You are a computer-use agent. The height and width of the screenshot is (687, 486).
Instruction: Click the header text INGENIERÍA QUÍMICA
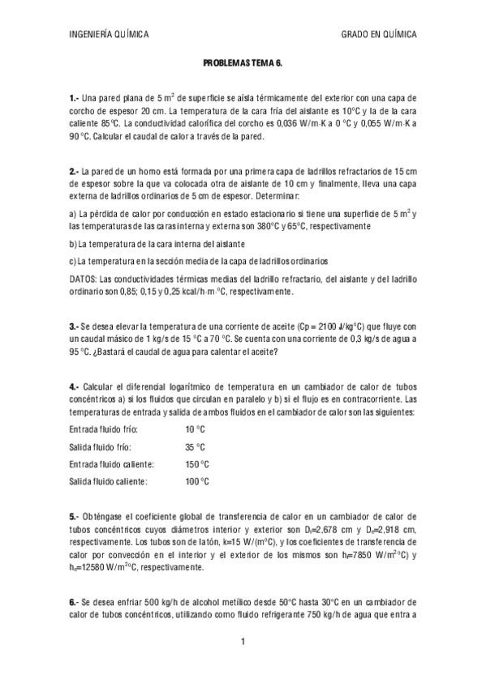click(x=109, y=35)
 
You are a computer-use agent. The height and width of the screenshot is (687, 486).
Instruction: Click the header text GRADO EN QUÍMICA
click(x=380, y=35)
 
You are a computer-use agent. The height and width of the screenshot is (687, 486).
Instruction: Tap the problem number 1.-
click(x=75, y=98)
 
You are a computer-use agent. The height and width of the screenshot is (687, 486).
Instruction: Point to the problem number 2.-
click(x=75, y=172)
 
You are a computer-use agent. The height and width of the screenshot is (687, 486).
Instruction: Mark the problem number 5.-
click(x=75, y=516)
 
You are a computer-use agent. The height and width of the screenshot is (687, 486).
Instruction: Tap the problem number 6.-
click(x=75, y=602)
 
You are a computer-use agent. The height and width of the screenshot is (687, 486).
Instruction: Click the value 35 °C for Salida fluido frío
click(x=195, y=447)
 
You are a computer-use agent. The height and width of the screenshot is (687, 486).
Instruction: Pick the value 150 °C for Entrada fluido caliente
click(x=197, y=464)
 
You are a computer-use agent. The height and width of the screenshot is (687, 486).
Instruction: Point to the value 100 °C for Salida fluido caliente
click(x=197, y=482)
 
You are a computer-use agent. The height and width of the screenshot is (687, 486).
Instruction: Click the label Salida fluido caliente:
click(x=109, y=482)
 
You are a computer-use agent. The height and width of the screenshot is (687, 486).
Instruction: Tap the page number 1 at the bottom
click(x=243, y=642)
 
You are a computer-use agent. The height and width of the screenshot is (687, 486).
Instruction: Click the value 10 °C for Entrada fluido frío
click(x=195, y=429)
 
